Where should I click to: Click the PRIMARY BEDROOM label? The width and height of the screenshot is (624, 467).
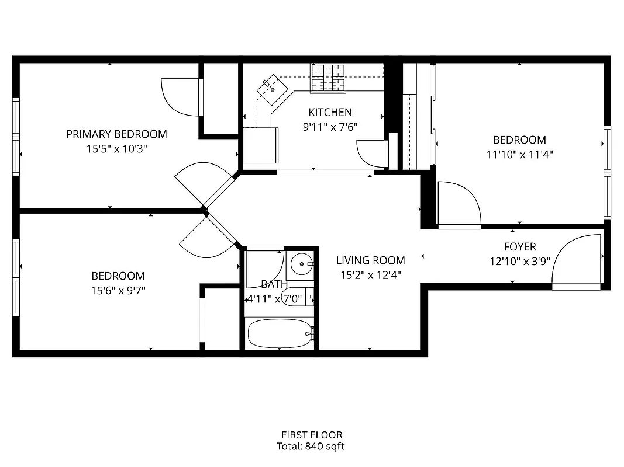click(116, 134)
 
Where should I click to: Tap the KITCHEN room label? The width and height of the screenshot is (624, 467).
click(330, 112)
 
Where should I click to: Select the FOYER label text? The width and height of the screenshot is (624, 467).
click(520, 247)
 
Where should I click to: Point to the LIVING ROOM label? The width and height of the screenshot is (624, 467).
click(370, 260)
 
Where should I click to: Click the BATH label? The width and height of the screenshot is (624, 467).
click(274, 285)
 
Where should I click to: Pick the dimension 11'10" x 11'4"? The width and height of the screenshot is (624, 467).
click(519, 155)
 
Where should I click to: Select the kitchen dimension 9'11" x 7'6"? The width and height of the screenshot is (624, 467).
click(330, 127)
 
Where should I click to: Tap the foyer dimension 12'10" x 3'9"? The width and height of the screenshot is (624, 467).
click(519, 262)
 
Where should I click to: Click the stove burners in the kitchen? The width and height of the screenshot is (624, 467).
click(327, 78)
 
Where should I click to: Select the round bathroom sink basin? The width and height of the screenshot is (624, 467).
click(302, 264)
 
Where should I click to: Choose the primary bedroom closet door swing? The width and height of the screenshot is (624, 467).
click(182, 96)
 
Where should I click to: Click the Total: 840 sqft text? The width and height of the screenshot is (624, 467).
click(311, 447)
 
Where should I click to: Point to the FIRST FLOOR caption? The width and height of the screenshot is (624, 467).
click(311, 435)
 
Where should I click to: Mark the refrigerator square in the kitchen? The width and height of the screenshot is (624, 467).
click(261, 145)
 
